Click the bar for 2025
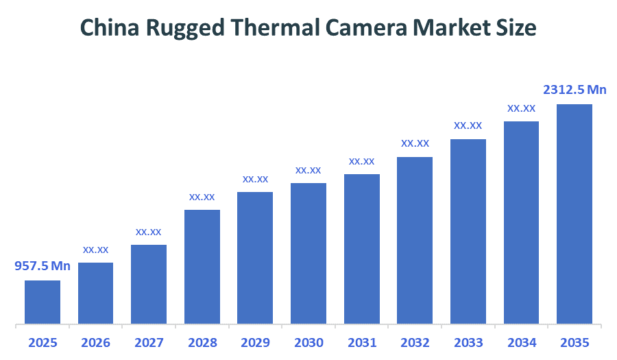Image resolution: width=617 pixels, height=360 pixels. [43, 302]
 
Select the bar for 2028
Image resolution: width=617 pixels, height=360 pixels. [202, 267]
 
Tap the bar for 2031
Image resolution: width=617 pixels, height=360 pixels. [362, 249]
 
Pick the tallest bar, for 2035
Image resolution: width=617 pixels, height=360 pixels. [574, 214]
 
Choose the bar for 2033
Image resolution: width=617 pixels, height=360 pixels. [468, 231]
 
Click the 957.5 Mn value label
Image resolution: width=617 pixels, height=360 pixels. [43, 266]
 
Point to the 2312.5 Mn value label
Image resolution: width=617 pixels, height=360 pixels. [574, 90]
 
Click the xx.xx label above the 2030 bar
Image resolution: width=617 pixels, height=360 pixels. [308, 170]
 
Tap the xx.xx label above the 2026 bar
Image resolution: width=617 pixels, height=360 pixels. [96, 250]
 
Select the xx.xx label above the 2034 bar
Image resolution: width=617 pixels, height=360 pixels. [521, 108]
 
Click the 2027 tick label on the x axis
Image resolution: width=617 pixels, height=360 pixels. [149, 342]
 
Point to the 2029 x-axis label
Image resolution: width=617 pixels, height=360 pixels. [255, 342]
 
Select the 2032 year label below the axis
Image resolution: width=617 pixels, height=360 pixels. [415, 342]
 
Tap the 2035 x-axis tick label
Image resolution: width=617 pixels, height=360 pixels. [574, 342]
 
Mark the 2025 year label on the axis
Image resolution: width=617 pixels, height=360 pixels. [43, 342]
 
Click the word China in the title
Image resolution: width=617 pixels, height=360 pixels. [108, 27]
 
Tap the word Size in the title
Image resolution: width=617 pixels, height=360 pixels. [518, 27]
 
